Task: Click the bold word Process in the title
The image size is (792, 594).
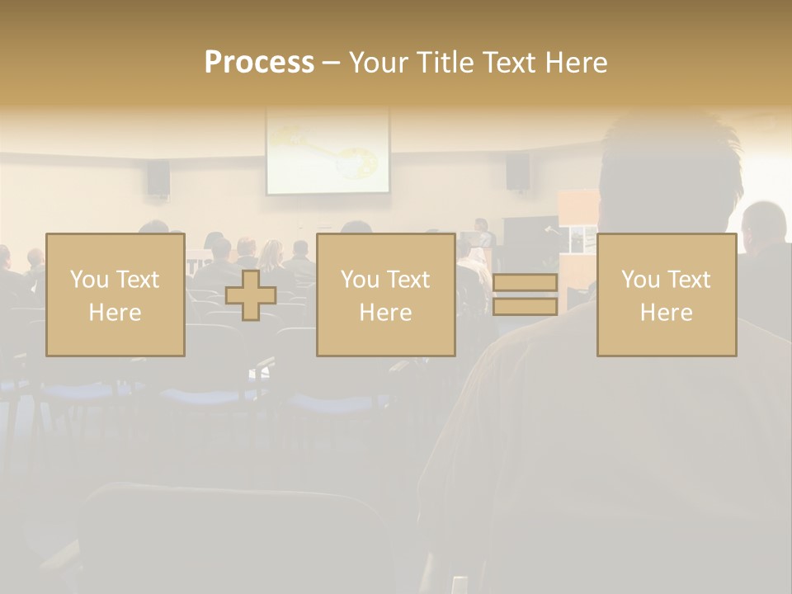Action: click(259, 63)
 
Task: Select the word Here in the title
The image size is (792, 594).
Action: click(575, 63)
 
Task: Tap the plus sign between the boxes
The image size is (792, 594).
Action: click(251, 295)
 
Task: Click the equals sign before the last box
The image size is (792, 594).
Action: click(525, 295)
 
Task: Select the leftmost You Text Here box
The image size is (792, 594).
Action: click(115, 295)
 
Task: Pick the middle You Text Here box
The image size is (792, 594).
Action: click(385, 295)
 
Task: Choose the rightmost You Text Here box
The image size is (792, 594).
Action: click(666, 295)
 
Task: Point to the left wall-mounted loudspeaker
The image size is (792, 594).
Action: click(158, 177)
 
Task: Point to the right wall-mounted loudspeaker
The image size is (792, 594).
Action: click(517, 172)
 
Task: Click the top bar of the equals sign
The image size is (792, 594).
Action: click(525, 283)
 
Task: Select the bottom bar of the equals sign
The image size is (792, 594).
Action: click(525, 307)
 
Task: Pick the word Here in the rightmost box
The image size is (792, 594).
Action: click(666, 313)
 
